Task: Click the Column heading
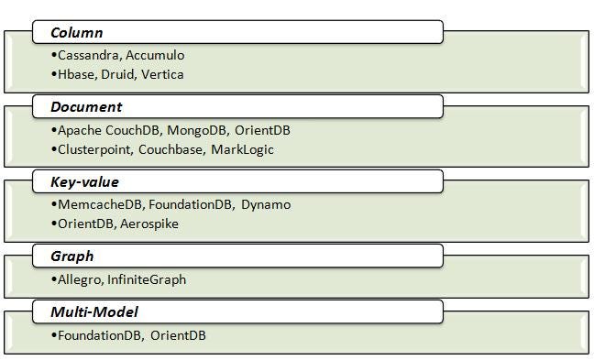[77, 34]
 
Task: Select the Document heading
[87, 108]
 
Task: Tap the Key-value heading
[84, 182]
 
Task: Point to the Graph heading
[72, 256]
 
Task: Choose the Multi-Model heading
[93, 313]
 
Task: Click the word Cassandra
[88, 55]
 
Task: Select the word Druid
[117, 74]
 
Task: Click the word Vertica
[162, 74]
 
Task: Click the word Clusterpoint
[94, 149]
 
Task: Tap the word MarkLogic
[242, 149]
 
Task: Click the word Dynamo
[266, 204]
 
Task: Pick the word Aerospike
[149, 224]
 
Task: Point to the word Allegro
[81, 279]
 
